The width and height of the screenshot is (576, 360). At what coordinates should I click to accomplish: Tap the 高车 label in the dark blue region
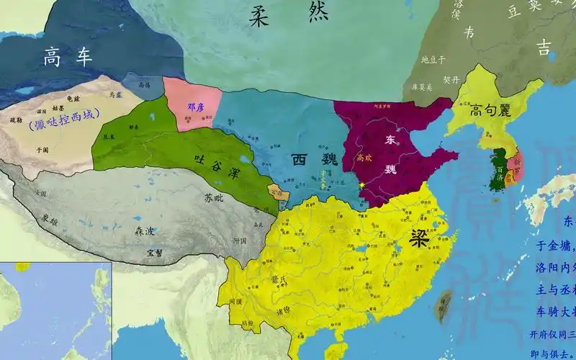tap(68, 56)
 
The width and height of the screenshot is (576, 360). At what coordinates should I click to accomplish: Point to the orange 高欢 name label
tap(364, 156)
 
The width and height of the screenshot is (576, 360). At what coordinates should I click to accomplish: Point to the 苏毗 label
tap(215, 197)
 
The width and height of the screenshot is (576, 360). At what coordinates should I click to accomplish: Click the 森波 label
tap(145, 233)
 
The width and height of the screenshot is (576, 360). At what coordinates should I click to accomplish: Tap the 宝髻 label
tap(153, 252)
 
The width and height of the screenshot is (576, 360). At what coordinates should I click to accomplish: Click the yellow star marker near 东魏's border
tap(363, 186)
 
